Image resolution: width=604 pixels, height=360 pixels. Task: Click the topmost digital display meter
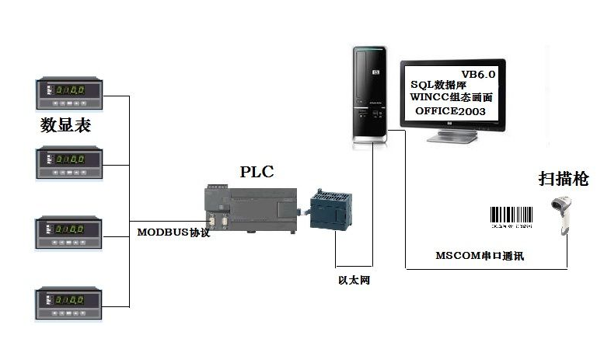click(66, 93)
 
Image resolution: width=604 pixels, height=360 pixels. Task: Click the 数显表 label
click(65, 126)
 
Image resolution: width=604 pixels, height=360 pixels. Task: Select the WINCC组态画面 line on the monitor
click(452, 98)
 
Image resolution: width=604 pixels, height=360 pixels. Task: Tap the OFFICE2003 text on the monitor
click(451, 112)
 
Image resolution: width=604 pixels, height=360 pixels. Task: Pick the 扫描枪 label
click(564, 180)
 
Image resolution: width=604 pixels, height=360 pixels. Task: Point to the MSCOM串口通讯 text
click(480, 255)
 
